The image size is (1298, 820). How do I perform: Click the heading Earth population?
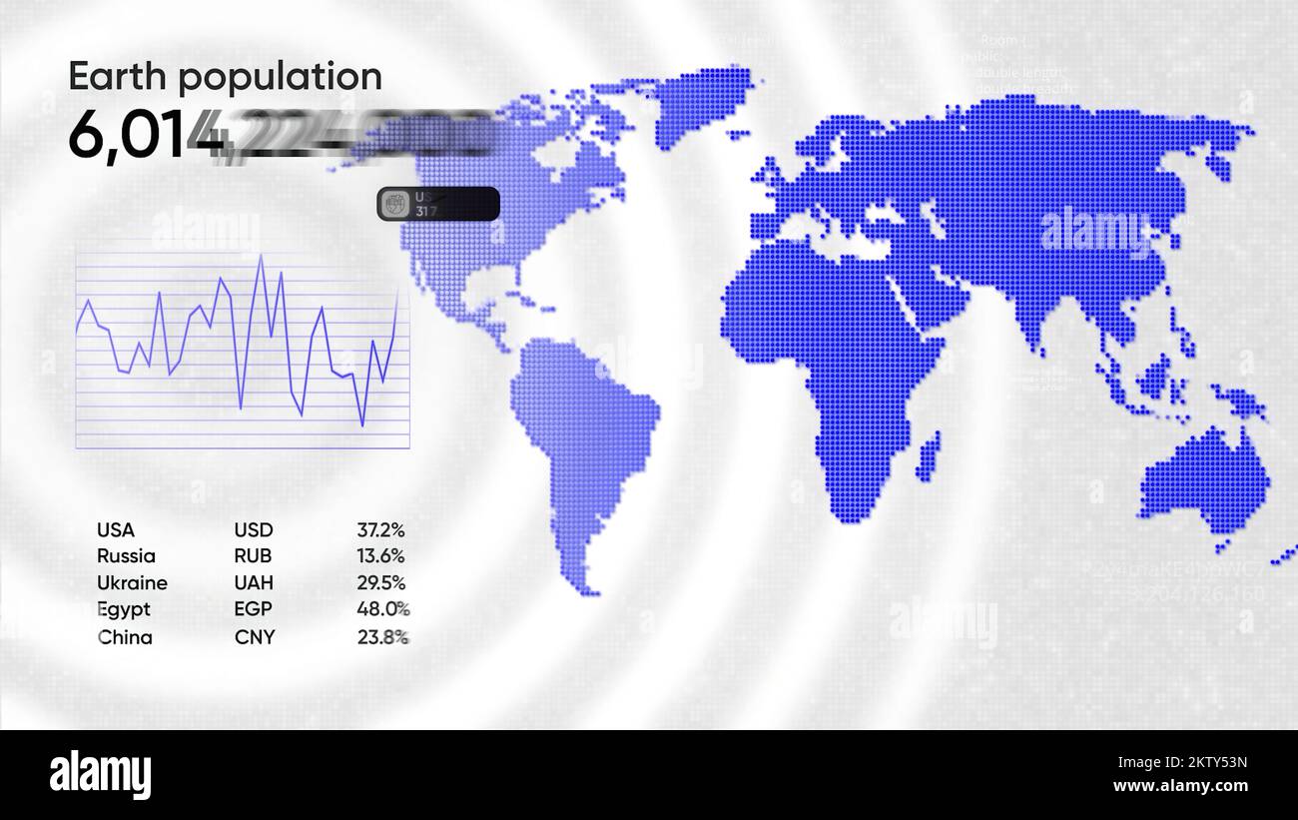point(225,77)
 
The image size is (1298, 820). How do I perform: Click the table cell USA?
point(115,530)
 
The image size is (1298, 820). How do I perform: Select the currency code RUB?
point(253,556)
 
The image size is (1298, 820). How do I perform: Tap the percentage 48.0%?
point(382,609)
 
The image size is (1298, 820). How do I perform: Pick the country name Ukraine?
point(132,583)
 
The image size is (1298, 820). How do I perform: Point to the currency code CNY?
point(254,637)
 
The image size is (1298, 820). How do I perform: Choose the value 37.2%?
point(380,530)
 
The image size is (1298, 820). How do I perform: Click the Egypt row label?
point(124,609)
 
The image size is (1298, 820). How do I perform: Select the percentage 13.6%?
point(380,556)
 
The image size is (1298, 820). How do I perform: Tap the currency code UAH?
point(254,583)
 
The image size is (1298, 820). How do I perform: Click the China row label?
point(125,637)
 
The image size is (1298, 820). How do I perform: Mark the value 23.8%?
point(382,637)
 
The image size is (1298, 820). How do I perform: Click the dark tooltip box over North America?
point(437,204)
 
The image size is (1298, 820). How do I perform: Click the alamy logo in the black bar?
point(100,774)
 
